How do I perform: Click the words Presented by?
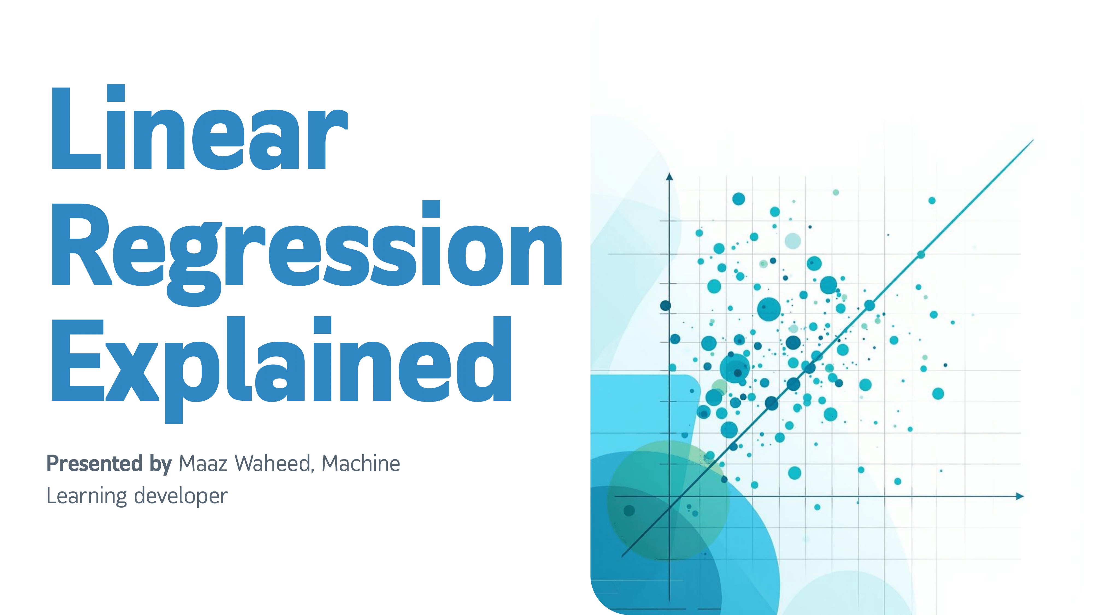[x=109, y=464]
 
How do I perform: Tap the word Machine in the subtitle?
[x=361, y=464]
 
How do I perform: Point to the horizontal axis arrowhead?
[x=1020, y=496]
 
